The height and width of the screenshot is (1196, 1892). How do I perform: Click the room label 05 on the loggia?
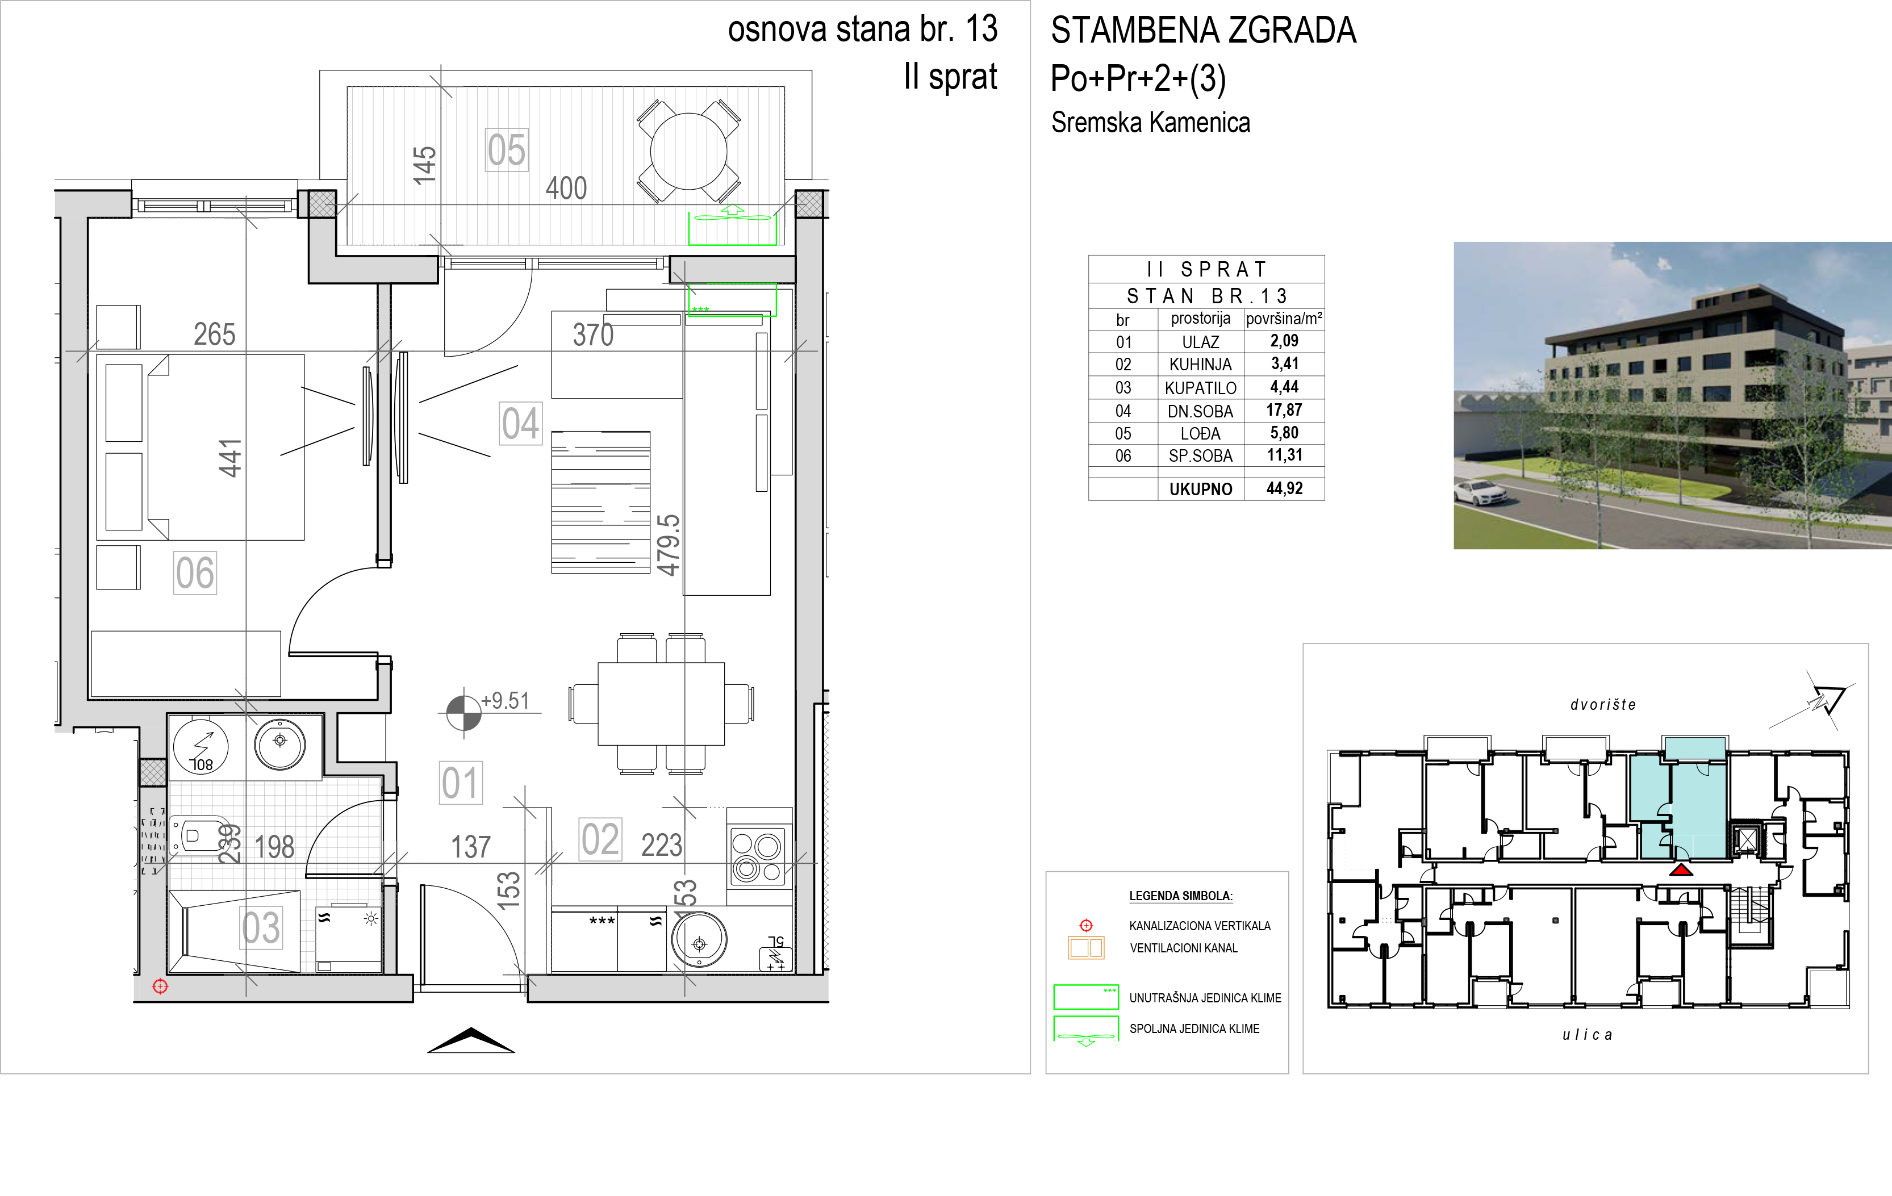tap(507, 150)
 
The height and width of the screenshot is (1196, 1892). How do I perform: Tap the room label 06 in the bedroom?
tap(195, 573)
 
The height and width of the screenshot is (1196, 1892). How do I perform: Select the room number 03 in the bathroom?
tap(261, 928)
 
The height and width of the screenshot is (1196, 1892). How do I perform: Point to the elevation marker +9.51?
tap(505, 700)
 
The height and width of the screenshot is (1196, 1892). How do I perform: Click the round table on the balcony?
tap(689, 152)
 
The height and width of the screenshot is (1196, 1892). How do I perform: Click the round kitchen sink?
tap(699, 940)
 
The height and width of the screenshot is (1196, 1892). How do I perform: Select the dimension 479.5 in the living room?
tap(668, 545)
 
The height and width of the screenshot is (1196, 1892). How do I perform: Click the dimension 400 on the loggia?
tap(566, 189)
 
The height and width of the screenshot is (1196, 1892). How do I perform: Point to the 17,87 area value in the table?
tap(1284, 410)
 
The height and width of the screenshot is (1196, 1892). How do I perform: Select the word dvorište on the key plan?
tap(1603, 705)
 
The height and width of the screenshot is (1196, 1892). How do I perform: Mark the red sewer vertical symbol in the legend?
tap(1086, 925)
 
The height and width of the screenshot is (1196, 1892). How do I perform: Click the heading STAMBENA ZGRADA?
tap(1204, 31)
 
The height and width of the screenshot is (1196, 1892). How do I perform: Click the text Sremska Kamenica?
tap(1150, 123)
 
